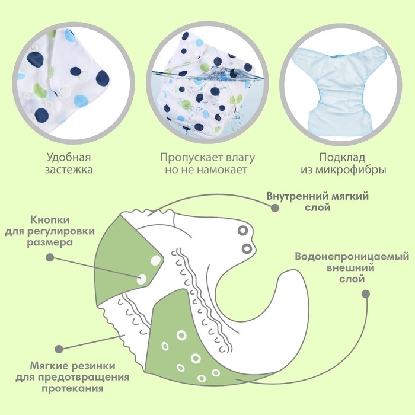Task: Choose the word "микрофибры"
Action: [x=352, y=170]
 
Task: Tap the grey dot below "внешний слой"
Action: [x=365, y=294]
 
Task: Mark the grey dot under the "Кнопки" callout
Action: [x=50, y=257]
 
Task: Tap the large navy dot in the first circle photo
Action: [x=103, y=78]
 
